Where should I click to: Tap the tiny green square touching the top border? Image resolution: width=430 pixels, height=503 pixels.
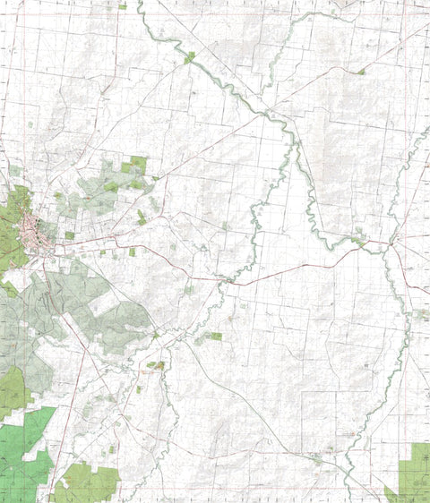[122, 6]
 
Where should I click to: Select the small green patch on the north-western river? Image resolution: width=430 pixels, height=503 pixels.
[190, 57]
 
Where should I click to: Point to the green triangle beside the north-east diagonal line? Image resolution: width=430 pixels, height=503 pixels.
[360, 71]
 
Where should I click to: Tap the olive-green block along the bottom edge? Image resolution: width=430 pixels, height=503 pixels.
[87, 483]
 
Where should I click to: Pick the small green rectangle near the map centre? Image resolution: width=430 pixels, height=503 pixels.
[215, 337]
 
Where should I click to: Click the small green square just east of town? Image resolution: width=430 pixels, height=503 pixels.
[70, 235]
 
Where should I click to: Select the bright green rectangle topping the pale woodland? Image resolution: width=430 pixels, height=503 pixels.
[136, 164]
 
